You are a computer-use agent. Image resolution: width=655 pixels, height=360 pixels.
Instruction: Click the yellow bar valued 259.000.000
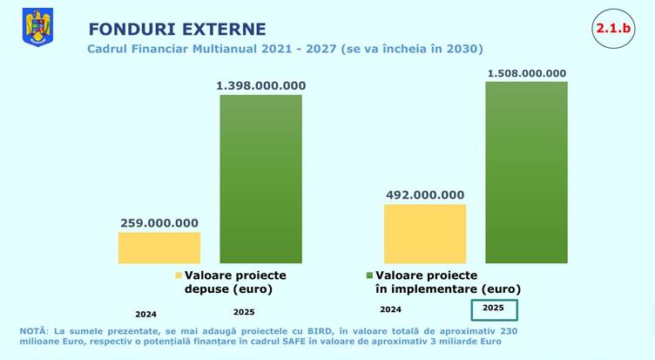coord(159,248)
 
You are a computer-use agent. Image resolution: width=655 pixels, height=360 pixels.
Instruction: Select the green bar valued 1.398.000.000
coord(260,179)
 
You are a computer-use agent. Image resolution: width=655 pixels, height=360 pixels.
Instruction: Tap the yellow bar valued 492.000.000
coord(425,234)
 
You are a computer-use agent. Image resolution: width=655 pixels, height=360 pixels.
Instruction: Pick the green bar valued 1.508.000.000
coord(526,172)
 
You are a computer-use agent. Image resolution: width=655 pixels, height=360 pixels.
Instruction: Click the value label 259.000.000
coord(159,222)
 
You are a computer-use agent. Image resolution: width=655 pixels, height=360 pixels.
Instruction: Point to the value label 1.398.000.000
coord(260,85)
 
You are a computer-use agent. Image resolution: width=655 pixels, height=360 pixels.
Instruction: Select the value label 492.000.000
coord(425,195)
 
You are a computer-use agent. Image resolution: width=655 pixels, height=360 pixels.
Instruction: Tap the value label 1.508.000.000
coord(526,72)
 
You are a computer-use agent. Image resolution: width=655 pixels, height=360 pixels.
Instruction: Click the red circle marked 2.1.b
coord(613,29)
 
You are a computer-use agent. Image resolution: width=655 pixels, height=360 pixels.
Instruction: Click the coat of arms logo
coord(37,28)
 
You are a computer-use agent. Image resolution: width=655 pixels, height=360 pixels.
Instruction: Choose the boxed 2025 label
coord(494,309)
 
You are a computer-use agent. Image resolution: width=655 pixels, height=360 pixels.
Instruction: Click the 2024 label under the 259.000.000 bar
coord(146,314)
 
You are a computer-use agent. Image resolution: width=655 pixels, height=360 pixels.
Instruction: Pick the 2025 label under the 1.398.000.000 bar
coord(246,311)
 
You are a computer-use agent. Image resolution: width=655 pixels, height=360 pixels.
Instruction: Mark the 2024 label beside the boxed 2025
coord(391,309)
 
